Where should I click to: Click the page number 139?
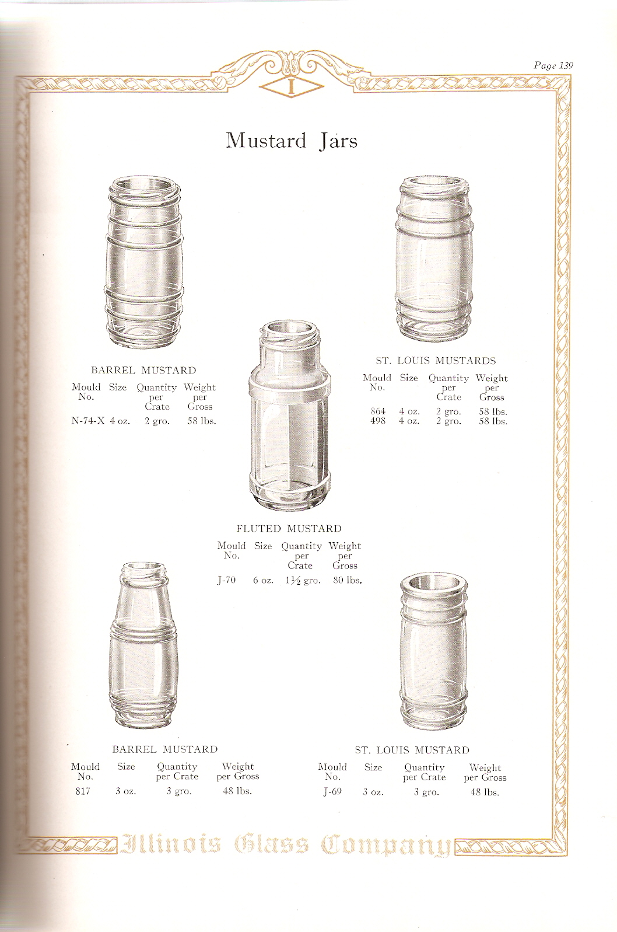pyautogui.click(x=566, y=65)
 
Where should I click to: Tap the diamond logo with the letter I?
pyautogui.click(x=291, y=86)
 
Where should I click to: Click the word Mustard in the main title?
pyautogui.click(x=266, y=141)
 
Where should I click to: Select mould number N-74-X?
pyautogui.click(x=87, y=421)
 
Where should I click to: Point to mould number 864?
pyautogui.click(x=378, y=411)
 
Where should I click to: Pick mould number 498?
pyautogui.click(x=378, y=421)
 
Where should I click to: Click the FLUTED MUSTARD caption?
pyautogui.click(x=289, y=529)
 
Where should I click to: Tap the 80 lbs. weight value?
pyautogui.click(x=348, y=580)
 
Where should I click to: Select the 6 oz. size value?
pyautogui.click(x=263, y=580)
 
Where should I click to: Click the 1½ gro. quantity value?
pyautogui.click(x=303, y=581)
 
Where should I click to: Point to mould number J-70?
pyautogui.click(x=227, y=580)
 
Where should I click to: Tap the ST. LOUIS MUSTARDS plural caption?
pyautogui.click(x=436, y=360)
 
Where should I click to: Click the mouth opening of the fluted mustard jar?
pyautogui.click(x=290, y=327)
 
